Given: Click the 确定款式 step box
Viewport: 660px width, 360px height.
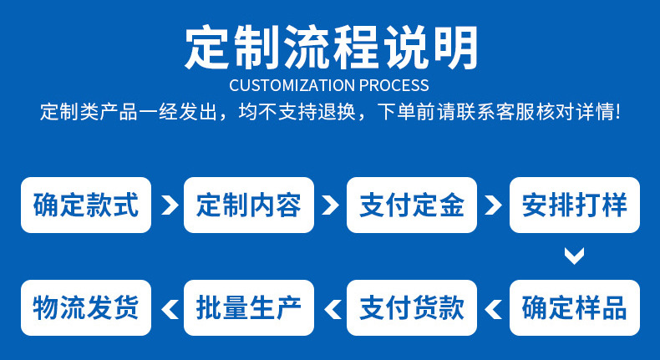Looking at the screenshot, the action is coord(86,205).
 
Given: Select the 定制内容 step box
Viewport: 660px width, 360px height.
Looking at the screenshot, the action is coord(249,205).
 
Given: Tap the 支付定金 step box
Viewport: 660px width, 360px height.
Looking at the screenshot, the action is coord(412,205).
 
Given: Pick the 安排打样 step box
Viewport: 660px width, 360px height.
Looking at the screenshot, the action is coord(575,205).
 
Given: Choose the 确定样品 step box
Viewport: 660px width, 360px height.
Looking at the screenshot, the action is coord(575,307).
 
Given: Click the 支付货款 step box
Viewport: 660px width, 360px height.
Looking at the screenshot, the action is coord(412,307).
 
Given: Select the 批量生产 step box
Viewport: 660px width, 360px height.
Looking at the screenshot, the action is coord(249,307).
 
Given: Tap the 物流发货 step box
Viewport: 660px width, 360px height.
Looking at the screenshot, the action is coord(86,307).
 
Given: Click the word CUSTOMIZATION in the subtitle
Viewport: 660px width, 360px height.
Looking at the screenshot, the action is coord(292,85).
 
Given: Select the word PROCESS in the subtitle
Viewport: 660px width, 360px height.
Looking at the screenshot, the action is coord(394,85).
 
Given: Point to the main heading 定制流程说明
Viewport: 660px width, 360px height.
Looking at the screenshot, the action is coord(332,47).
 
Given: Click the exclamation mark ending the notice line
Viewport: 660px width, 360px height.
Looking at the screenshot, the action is coord(617,112).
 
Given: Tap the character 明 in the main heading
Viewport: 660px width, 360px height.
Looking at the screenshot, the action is coord(456,47).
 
